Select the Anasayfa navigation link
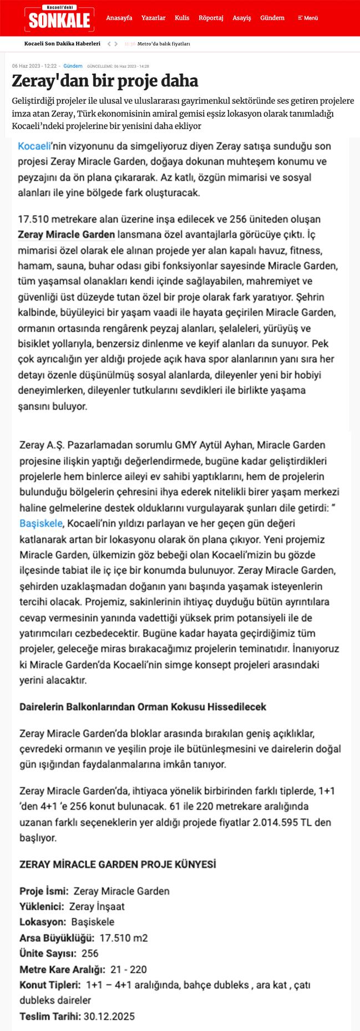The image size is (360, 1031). (119, 18)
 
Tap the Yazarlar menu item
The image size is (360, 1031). (154, 18)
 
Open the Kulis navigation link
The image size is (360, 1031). (182, 18)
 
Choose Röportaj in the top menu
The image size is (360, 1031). (211, 18)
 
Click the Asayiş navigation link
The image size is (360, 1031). (242, 18)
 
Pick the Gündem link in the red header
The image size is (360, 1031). (272, 18)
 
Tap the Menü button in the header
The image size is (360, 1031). (308, 18)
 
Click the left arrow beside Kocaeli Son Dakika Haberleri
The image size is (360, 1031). (109, 43)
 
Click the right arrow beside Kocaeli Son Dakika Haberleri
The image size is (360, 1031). (116, 43)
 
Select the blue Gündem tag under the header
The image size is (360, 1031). (73, 66)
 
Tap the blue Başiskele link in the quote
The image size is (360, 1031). (41, 524)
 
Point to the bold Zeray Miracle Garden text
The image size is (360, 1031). (67, 235)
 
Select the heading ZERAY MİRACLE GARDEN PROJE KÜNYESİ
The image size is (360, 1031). (118, 865)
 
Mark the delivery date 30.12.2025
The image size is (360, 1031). (109, 1017)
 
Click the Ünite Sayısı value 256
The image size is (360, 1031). (90, 954)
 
